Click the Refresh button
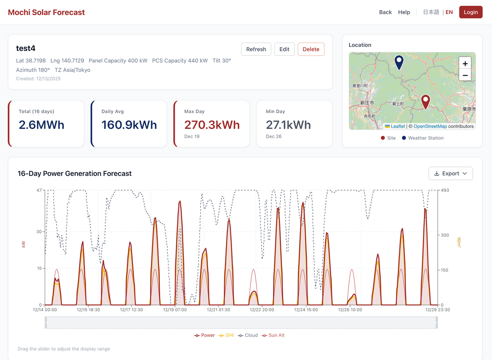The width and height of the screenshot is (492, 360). [256, 49]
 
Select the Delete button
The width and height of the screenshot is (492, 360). [311, 49]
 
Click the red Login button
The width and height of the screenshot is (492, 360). [470, 12]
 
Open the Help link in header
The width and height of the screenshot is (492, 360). [404, 12]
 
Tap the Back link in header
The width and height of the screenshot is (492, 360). [385, 12]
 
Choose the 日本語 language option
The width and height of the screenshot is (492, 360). [431, 12]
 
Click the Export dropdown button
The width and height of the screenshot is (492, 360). [450, 173]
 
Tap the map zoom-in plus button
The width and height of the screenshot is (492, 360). [465, 64]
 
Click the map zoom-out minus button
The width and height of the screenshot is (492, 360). [465, 75]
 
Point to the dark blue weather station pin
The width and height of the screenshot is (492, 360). [399, 62]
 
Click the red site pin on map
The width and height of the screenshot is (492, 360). [426, 101]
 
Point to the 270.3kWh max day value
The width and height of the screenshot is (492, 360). [212, 125]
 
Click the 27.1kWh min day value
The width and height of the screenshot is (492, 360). [288, 125]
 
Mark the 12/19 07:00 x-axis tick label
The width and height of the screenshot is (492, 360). [175, 310]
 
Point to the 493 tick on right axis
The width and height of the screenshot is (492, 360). [445, 190]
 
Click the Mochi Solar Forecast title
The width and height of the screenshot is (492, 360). [46, 12]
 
